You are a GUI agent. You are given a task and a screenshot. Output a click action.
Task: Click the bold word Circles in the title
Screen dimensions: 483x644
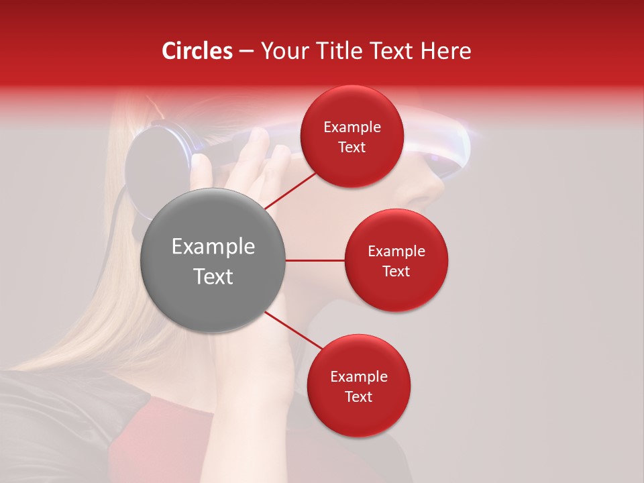[197, 51]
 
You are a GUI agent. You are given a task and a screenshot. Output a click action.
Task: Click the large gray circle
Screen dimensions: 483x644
[213, 260]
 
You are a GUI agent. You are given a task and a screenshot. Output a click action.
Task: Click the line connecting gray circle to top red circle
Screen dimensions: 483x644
[290, 190]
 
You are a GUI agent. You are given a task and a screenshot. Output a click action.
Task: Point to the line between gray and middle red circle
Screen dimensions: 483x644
[315, 260]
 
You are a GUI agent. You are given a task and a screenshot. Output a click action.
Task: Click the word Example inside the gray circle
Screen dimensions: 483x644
[213, 247]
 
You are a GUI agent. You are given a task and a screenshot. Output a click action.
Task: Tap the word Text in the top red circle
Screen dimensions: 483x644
[352, 148]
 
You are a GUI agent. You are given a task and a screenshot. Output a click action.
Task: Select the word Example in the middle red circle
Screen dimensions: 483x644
[396, 251]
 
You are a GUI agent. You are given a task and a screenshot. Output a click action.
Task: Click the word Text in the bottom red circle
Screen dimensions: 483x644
[358, 396]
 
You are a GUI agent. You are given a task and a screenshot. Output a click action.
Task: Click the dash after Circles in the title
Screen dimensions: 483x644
[246, 52]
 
